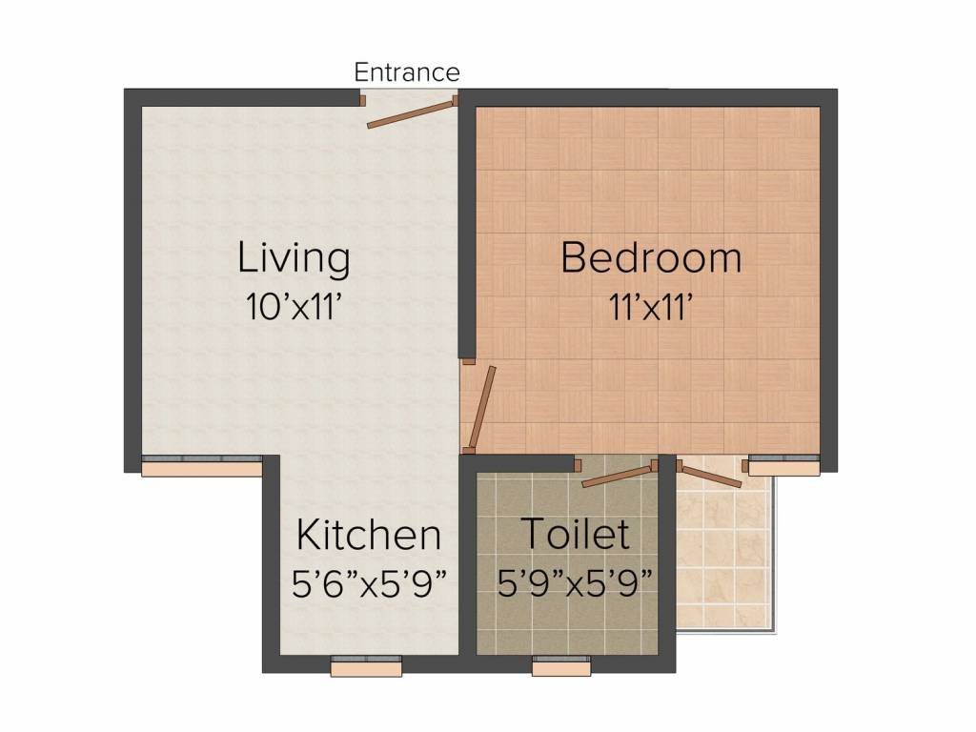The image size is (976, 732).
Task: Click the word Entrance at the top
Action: pos(407,71)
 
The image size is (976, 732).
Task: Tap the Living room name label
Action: pos(294,257)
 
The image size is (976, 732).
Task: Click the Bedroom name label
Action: pos(651,257)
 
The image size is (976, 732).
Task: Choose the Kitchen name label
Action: pos(369,535)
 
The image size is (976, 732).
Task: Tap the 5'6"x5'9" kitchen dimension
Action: pos(370,583)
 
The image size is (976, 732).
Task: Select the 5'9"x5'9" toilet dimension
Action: pos(576,583)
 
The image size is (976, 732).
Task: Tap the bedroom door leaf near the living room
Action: pos(482,407)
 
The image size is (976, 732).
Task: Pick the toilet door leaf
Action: pos(619,475)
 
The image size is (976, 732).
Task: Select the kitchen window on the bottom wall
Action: pos(366,667)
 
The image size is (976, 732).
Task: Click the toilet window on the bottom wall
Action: pos(561,667)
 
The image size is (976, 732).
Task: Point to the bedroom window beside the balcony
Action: pos(783,466)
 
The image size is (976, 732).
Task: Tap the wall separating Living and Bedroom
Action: pos(467,229)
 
